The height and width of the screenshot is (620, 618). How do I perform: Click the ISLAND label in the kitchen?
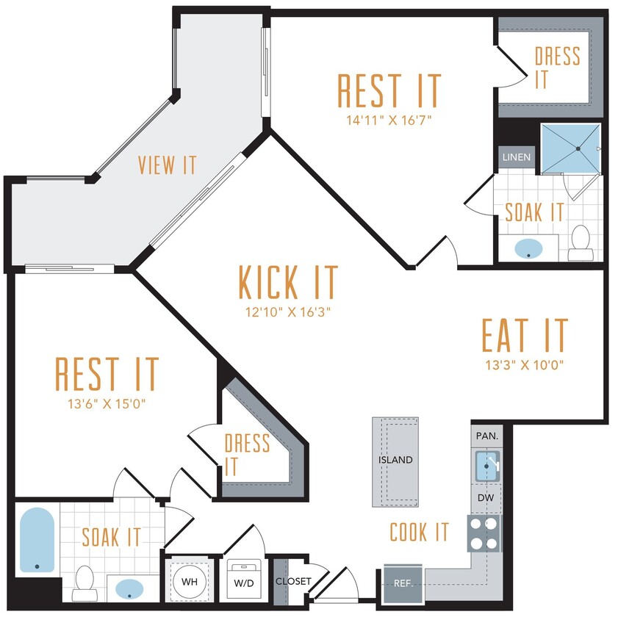(x=395, y=460)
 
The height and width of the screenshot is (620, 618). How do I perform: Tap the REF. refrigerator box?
(x=402, y=585)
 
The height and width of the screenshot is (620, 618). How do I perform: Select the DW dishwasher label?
(x=485, y=498)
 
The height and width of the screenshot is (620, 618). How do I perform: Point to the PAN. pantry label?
(x=486, y=436)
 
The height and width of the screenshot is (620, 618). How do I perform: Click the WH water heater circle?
(x=190, y=582)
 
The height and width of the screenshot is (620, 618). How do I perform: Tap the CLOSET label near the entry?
(x=293, y=581)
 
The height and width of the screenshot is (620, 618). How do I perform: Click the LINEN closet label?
(x=517, y=157)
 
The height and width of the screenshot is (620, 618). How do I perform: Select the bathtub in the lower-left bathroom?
(x=36, y=539)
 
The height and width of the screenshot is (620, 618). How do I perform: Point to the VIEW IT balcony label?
(x=168, y=165)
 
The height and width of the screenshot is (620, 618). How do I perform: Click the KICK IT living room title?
(x=289, y=281)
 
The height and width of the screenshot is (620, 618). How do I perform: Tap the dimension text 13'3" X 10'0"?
(x=525, y=365)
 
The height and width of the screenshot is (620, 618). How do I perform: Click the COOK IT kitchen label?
(x=419, y=532)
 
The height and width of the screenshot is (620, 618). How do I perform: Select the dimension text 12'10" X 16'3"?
(x=289, y=312)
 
